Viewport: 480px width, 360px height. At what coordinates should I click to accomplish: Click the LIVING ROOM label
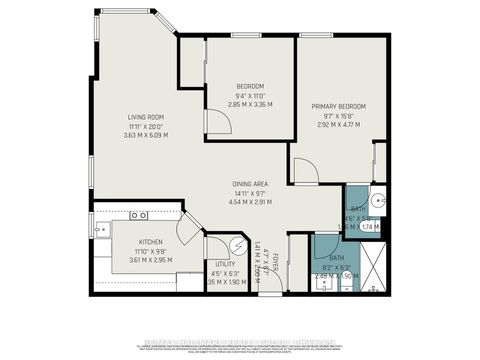click(x=145, y=117)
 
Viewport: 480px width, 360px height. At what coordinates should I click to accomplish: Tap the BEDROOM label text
click(x=236, y=86)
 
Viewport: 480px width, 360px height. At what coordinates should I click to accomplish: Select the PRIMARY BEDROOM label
click(x=338, y=106)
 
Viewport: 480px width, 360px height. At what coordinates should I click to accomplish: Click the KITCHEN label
click(x=151, y=242)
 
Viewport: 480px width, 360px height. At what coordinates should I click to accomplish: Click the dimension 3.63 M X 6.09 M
click(x=145, y=135)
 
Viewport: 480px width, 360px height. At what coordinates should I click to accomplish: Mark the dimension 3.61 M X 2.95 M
click(x=151, y=259)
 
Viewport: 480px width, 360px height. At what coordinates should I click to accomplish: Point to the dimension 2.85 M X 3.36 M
click(x=236, y=104)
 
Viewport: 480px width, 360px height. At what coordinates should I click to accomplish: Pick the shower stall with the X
click(x=372, y=266)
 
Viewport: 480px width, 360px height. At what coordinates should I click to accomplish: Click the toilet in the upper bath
click(x=376, y=199)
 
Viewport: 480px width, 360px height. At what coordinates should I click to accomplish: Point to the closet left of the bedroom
click(x=191, y=62)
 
